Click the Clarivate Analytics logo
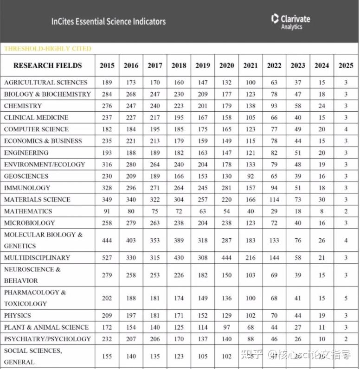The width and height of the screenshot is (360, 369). click(291, 21)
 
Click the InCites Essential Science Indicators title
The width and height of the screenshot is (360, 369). click(108, 21)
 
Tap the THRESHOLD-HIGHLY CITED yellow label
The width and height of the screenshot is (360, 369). click(48, 49)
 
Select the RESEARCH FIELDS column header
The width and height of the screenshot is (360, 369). click(47, 65)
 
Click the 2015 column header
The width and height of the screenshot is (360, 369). click(107, 66)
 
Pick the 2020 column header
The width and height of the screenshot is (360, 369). click(226, 66)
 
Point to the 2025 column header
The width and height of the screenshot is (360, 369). click(346, 66)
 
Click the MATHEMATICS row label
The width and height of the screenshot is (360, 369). click(28, 211)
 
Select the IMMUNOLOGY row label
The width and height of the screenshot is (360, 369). click(27, 188)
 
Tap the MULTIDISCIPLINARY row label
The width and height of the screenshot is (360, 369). click(37, 258)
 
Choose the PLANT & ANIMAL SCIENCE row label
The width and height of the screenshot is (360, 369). click(46, 327)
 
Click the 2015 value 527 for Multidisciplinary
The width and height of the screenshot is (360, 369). click(107, 258)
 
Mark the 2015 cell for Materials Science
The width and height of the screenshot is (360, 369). click(107, 200)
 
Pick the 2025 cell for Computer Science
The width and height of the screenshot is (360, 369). click(346, 129)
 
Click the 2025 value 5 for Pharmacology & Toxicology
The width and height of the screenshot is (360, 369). click(346, 298)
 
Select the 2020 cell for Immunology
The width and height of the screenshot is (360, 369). click(226, 188)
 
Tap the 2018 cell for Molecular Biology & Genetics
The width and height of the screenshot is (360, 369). click(179, 240)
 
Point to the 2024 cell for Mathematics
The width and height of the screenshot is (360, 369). click(321, 211)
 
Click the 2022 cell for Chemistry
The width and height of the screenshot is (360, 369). click(274, 106)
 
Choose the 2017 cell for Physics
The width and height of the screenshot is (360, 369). click(155, 316)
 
